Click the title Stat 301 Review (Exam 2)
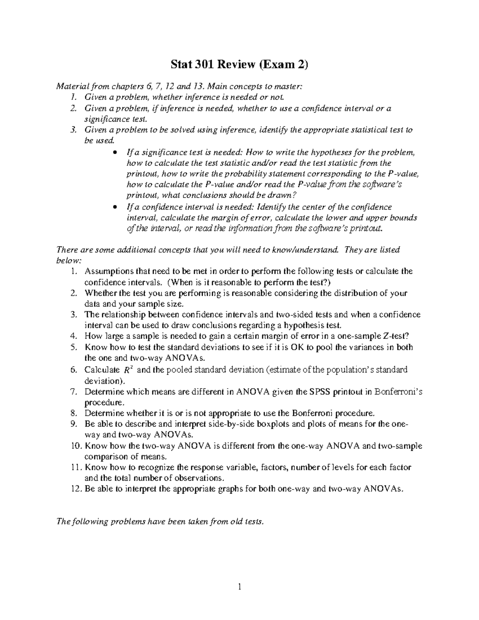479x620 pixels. pyautogui.click(x=239, y=64)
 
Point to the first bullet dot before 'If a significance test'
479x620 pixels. pyautogui.click(x=115, y=153)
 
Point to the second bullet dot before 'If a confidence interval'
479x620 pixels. pyautogui.click(x=115, y=207)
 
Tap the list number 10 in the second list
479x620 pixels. pyautogui.click(x=76, y=446)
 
